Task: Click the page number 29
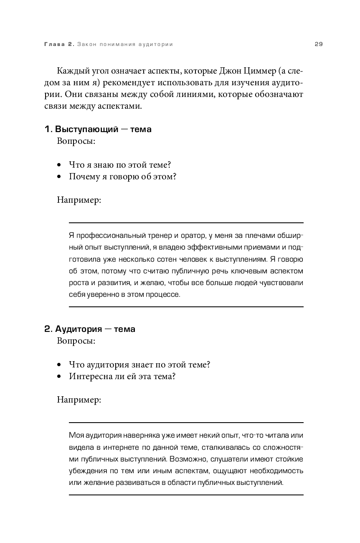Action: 319,44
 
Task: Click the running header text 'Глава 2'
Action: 59,44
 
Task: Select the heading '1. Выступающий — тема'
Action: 98,129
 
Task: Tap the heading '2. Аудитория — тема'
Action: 90,329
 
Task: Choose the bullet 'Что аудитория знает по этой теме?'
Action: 139,365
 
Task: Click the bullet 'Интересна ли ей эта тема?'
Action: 122,377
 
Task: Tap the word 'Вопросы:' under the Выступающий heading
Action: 76,141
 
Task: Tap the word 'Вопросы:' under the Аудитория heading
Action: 76,341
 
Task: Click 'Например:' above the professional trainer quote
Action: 79,200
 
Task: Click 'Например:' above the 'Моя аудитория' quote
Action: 79,400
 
